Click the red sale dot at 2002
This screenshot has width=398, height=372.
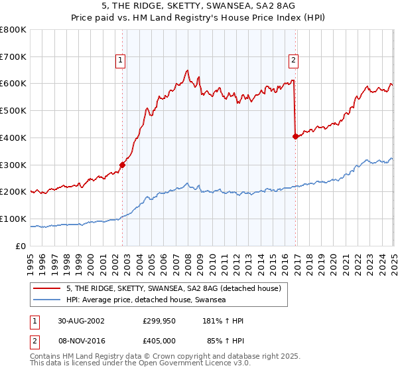[x=123, y=165]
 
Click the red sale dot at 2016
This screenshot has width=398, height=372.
[x=295, y=136]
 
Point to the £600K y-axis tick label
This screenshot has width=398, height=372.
[x=13, y=84]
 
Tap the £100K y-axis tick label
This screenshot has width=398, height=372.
[x=13, y=219]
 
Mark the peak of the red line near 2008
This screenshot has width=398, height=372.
[x=188, y=70]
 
